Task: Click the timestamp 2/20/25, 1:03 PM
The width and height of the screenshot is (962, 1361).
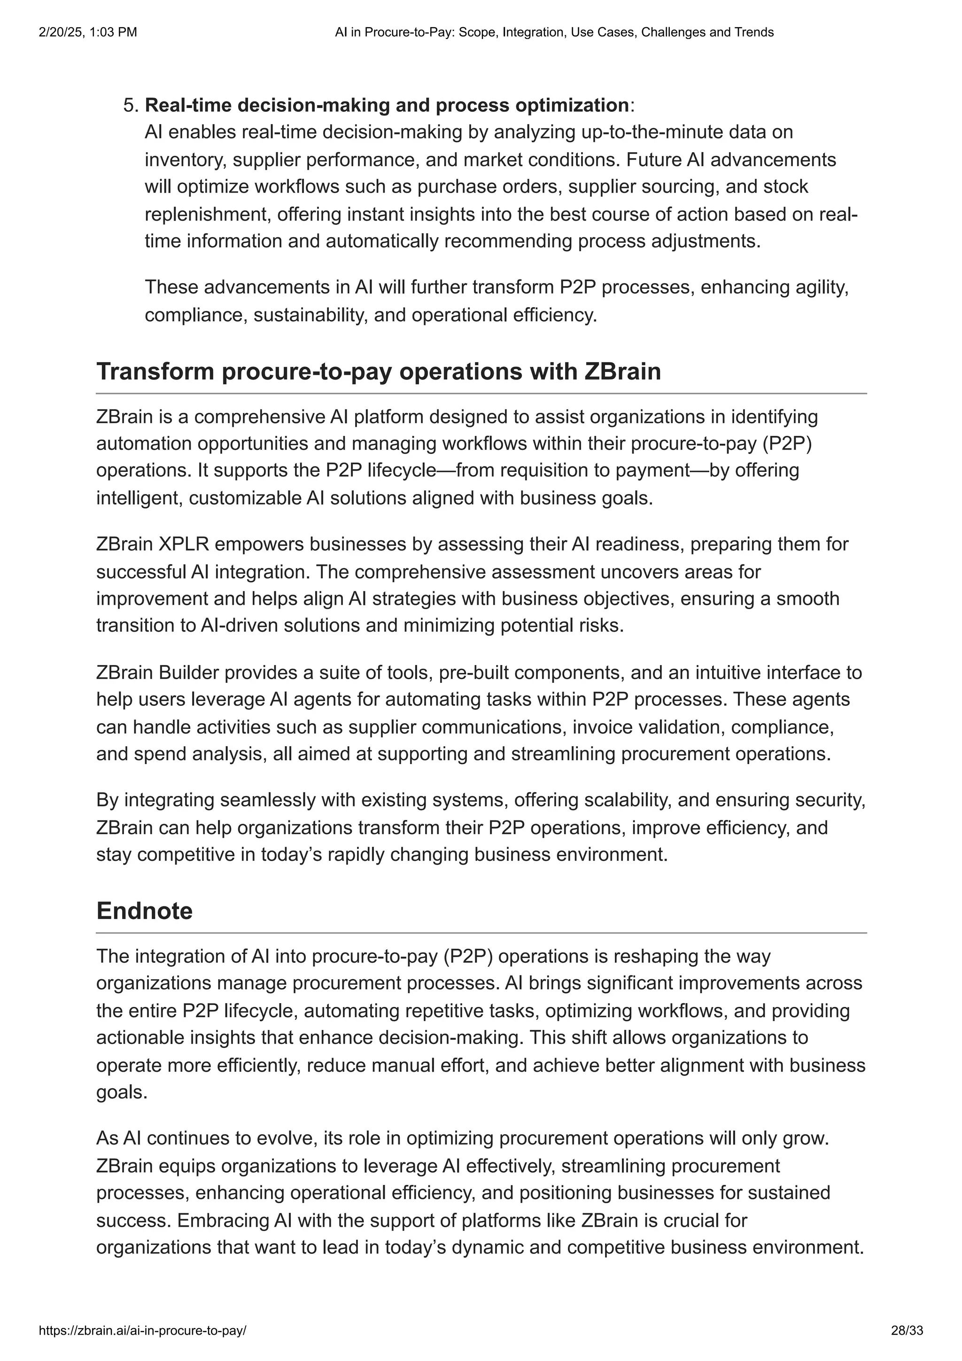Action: tap(88, 32)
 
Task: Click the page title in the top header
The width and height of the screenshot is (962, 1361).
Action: tap(554, 32)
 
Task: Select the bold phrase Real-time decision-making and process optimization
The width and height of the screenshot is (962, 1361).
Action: tap(387, 106)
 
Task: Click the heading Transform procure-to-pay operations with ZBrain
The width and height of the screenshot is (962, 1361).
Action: tap(378, 371)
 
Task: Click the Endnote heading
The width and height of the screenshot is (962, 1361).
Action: tap(145, 911)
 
